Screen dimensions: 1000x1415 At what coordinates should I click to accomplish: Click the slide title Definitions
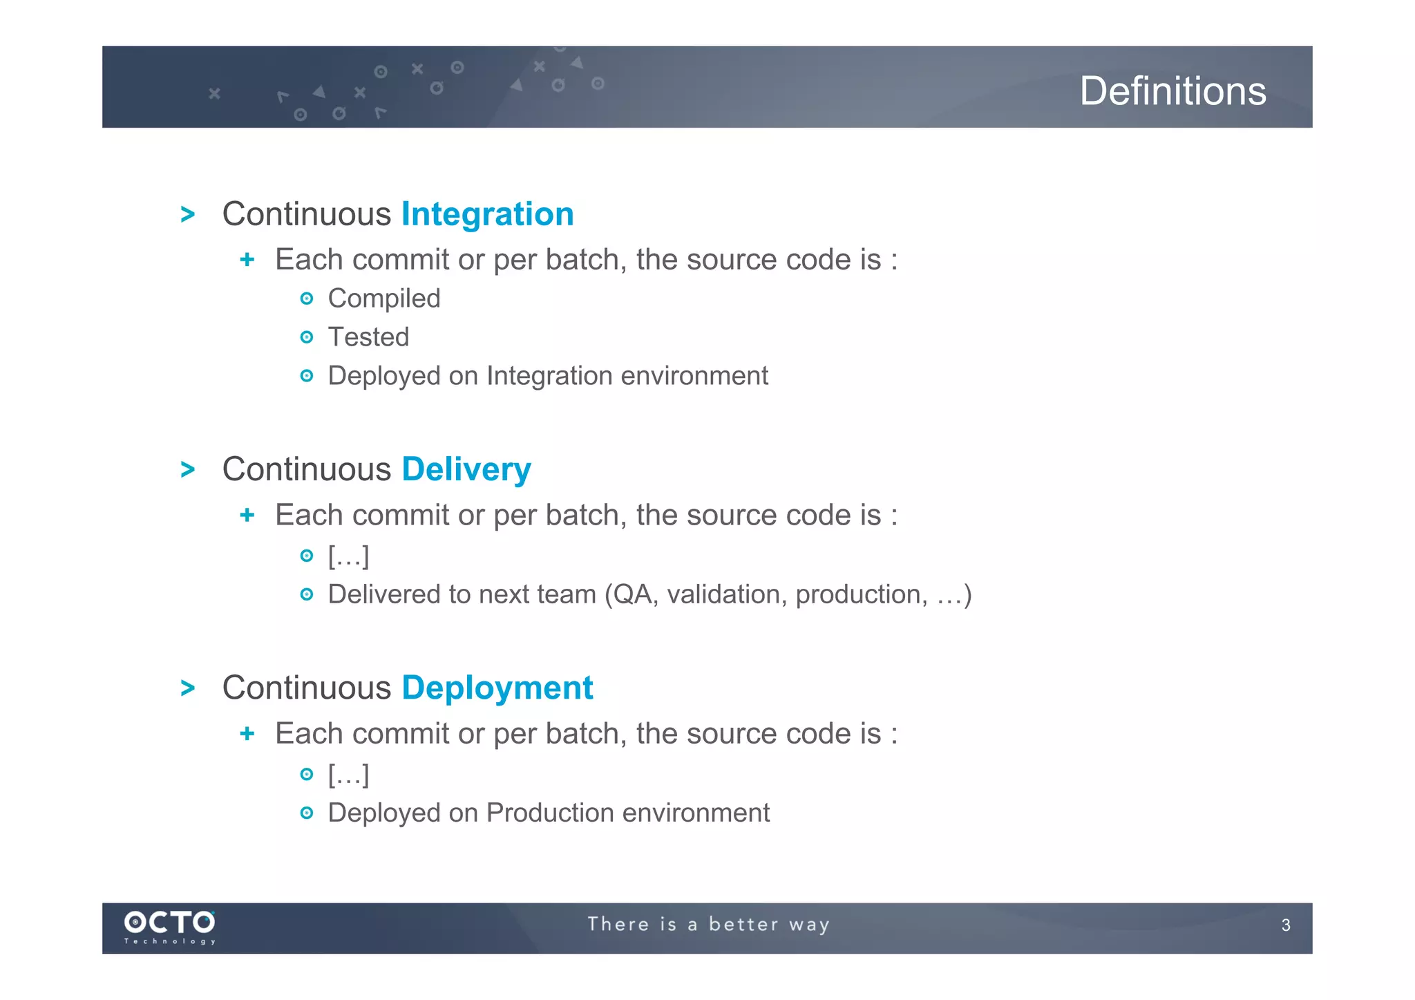(1172, 91)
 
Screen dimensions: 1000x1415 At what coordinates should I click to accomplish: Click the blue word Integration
(487, 214)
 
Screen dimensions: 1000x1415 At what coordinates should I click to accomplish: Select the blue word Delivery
(466, 469)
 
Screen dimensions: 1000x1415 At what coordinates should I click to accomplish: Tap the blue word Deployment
(497, 688)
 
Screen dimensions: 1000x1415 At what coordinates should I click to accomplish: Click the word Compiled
(383, 299)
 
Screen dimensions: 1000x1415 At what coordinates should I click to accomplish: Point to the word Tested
(368, 337)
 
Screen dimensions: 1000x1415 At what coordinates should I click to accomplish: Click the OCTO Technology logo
(170, 926)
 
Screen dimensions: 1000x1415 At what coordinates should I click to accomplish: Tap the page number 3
(1285, 925)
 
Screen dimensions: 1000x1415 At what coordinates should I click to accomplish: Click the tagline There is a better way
(708, 924)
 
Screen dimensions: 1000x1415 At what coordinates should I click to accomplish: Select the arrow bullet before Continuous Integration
(187, 214)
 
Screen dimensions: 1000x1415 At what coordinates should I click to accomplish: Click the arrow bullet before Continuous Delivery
(187, 470)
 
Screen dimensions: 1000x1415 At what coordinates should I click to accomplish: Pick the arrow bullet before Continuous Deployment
(187, 688)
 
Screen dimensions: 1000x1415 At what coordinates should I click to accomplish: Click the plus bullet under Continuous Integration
(247, 260)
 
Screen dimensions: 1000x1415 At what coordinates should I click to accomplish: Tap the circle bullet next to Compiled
(307, 299)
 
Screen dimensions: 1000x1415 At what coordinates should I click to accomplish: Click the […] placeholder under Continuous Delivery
(348, 556)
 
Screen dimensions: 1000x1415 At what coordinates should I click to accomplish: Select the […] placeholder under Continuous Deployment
(348, 774)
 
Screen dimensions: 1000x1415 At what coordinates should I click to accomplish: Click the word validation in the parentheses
(726, 594)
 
